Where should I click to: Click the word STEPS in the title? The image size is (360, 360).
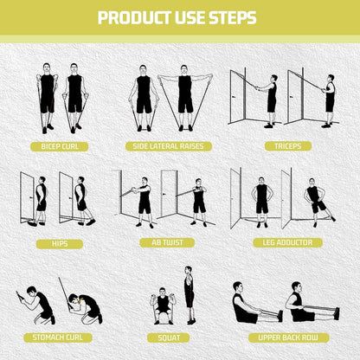pos(233,17)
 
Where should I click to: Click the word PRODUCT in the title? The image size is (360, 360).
pos(135,17)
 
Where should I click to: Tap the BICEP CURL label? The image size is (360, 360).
pos(60,146)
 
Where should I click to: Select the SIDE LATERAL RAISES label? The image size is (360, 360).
pos(169,146)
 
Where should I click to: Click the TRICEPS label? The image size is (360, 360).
pos(288,146)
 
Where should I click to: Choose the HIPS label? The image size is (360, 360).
pos(60,244)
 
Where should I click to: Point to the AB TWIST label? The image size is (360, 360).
pos(167,243)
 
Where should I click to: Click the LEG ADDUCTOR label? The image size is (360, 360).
pos(287,242)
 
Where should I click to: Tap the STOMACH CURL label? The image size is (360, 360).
pos(58,337)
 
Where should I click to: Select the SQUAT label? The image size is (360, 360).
pos(169,337)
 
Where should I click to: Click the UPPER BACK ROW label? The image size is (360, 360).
pos(288,337)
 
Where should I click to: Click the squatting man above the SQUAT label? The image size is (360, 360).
pos(163,305)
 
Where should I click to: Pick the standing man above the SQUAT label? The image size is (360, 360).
pos(189,295)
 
